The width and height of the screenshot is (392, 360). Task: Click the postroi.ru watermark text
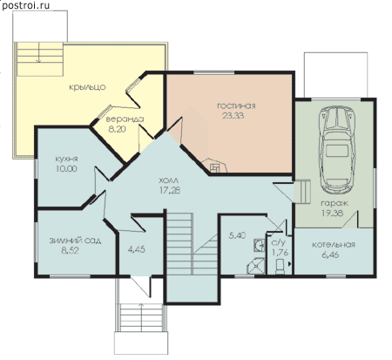click(x=25, y=5)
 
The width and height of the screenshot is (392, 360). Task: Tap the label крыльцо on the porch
click(x=87, y=87)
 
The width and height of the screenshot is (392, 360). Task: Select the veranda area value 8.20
click(x=117, y=129)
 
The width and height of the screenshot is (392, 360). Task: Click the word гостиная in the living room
click(x=236, y=105)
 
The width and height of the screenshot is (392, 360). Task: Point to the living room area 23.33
click(x=233, y=116)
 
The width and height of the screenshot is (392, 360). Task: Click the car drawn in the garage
click(x=337, y=150)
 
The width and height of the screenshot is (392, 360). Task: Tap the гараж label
click(x=335, y=203)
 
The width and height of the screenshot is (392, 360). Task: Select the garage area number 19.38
click(x=332, y=213)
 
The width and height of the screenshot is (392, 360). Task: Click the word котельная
click(x=334, y=245)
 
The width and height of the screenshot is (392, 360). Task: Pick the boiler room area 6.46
click(x=330, y=255)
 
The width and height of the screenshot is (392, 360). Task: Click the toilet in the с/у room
click(x=280, y=267)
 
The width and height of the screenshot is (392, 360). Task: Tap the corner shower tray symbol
click(x=256, y=266)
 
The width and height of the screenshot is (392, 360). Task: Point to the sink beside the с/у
click(x=259, y=245)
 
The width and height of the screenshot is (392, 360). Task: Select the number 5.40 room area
click(x=237, y=235)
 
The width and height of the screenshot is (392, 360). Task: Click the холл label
click(x=169, y=180)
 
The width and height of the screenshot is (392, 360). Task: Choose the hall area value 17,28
click(x=170, y=190)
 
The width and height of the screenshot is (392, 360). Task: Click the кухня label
click(x=66, y=160)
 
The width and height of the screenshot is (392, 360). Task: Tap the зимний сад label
click(x=75, y=241)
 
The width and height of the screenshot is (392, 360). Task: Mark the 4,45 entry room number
click(x=136, y=249)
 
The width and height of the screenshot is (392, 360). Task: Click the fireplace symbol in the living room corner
click(x=216, y=166)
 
